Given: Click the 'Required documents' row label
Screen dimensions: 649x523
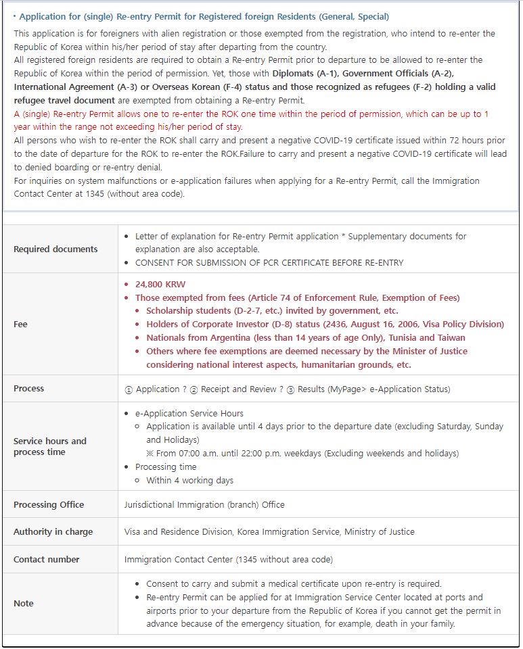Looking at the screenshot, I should click(x=55, y=249).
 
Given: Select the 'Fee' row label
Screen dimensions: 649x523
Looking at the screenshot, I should click(x=21, y=324).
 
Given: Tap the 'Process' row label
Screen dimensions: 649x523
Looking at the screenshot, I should click(x=28, y=389).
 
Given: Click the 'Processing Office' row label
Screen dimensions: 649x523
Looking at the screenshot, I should click(x=49, y=504).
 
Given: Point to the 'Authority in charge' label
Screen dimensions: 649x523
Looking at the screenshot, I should click(x=53, y=532).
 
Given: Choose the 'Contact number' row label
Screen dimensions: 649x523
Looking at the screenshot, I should click(x=46, y=560).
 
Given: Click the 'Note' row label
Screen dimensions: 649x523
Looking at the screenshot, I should click(x=24, y=604).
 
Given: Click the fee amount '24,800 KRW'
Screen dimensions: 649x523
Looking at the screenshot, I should click(x=160, y=285).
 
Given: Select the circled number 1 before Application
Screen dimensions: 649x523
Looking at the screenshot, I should click(x=129, y=389).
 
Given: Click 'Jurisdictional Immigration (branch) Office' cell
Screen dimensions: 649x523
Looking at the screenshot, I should click(x=204, y=504).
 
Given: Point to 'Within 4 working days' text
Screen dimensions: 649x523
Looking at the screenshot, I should click(x=189, y=481).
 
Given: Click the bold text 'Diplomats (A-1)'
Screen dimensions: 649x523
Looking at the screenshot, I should click(x=323, y=73).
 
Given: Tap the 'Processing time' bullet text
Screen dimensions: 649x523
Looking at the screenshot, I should click(x=166, y=467).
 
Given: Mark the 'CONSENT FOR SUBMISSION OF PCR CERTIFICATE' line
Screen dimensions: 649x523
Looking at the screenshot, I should click(x=269, y=262).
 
